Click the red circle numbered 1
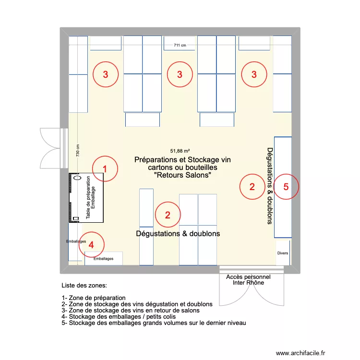105,168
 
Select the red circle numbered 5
286,187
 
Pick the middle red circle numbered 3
180,74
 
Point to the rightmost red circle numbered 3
254,74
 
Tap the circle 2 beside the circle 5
252,187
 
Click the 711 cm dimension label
180,46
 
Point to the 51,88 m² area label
180,150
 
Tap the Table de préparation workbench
86,198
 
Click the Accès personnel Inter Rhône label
248,280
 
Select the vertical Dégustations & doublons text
270,185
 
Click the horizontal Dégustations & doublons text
178,234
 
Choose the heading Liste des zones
84,286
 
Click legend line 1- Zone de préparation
94,298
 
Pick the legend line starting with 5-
154,323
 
